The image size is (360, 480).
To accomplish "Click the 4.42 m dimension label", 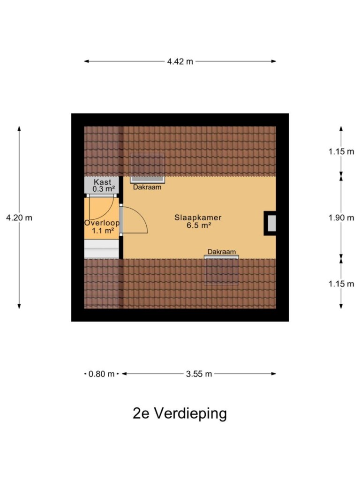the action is (x=180, y=61).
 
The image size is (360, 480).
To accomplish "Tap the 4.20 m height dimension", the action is (x=19, y=217).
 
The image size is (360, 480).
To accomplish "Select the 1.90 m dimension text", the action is (x=341, y=217).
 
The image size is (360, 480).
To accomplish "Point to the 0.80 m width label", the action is (x=101, y=374).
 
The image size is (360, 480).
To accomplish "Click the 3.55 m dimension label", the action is (x=199, y=374).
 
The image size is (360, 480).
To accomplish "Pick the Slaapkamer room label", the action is (x=198, y=217).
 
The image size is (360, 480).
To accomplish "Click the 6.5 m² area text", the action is (x=199, y=225).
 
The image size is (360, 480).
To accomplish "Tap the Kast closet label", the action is (x=103, y=182).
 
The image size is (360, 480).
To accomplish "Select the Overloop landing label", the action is (x=102, y=223).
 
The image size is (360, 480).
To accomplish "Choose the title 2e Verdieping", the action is (x=180, y=413).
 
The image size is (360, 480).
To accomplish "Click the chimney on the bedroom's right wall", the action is (x=270, y=223).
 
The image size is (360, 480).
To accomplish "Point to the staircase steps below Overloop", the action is (x=102, y=249).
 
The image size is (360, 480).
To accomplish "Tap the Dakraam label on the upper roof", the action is (x=147, y=187).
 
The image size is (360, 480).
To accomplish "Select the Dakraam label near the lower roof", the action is (x=222, y=252).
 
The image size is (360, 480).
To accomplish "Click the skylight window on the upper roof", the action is (x=148, y=168).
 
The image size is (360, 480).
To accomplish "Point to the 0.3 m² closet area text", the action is (x=104, y=189).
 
